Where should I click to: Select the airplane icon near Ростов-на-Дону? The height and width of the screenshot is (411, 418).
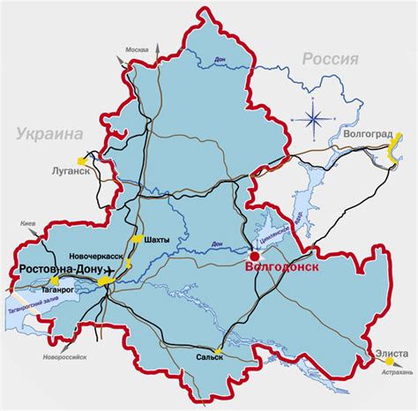coord(108,269)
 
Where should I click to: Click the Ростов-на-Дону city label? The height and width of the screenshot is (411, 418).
coord(56,269)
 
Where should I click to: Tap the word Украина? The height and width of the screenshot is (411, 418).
coord(48,133)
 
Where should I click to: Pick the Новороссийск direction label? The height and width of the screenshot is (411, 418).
coord(64,357)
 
